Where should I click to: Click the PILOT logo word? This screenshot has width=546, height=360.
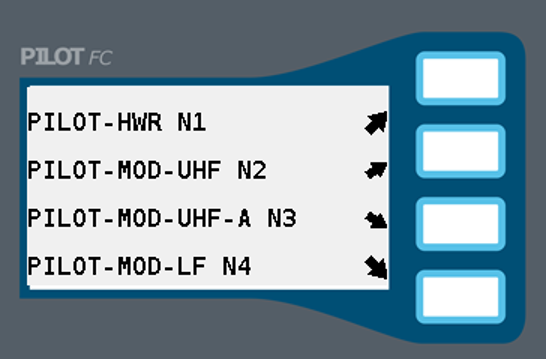click(52, 58)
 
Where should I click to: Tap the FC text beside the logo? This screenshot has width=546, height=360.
click(100, 58)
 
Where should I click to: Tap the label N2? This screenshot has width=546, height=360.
click(252, 170)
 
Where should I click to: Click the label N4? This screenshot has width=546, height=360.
click(236, 266)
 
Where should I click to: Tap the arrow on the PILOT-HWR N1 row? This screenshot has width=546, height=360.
click(377, 123)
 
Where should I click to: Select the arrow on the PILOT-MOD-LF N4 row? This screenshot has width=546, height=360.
click(377, 266)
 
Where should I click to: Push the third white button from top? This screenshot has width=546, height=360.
click(460, 226)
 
